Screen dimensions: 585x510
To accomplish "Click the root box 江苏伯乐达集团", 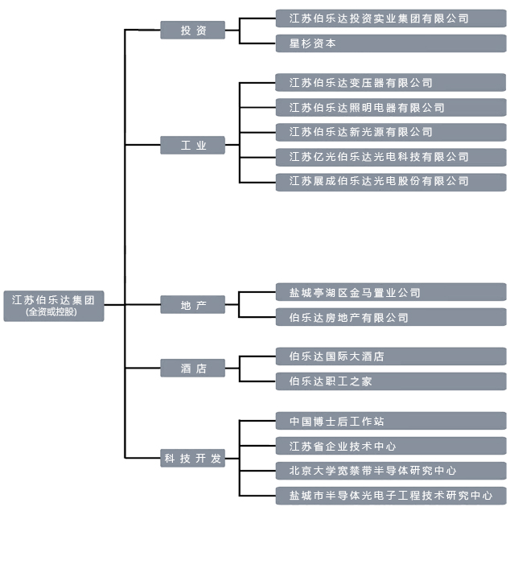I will tap(53, 300).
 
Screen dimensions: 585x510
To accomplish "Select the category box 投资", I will tap(192, 31).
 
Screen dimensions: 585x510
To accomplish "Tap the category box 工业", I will tap(192, 146).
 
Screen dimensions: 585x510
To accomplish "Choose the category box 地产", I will tap(192, 306).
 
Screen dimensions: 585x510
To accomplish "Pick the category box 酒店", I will tap(192, 369).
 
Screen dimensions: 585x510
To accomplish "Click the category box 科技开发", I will tap(192, 459).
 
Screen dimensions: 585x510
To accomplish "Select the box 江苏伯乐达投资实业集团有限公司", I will tap(390, 18).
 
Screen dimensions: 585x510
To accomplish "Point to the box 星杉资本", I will tap(390, 43).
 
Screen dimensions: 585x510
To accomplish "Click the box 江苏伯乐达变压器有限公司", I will tap(390, 83).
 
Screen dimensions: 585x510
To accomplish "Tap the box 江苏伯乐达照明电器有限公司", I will tap(390, 108).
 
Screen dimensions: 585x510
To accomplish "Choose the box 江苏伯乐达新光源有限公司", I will tap(390, 132).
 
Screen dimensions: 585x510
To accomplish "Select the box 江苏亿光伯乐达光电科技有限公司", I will tap(390, 157).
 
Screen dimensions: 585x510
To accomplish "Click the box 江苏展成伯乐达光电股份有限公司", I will tap(390, 181).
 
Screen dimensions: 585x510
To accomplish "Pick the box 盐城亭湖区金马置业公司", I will tap(390, 293).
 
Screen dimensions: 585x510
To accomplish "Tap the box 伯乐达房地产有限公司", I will tap(390, 318).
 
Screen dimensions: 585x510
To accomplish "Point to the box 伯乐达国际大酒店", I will tap(390, 356).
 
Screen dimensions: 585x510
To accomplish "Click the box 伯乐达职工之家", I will tap(390, 381).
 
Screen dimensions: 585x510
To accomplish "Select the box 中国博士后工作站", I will tap(390, 422).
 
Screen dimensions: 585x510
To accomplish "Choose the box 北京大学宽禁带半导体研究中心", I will tap(390, 471).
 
